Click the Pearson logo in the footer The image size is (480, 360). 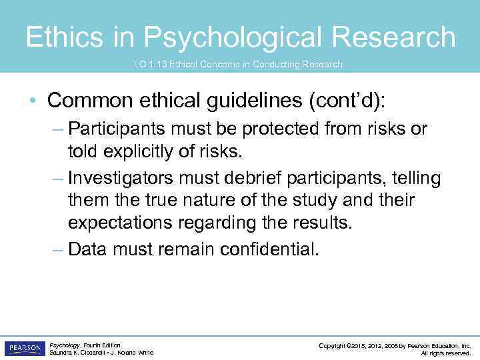tap(25, 348)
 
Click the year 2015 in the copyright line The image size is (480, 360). tap(356, 345)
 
